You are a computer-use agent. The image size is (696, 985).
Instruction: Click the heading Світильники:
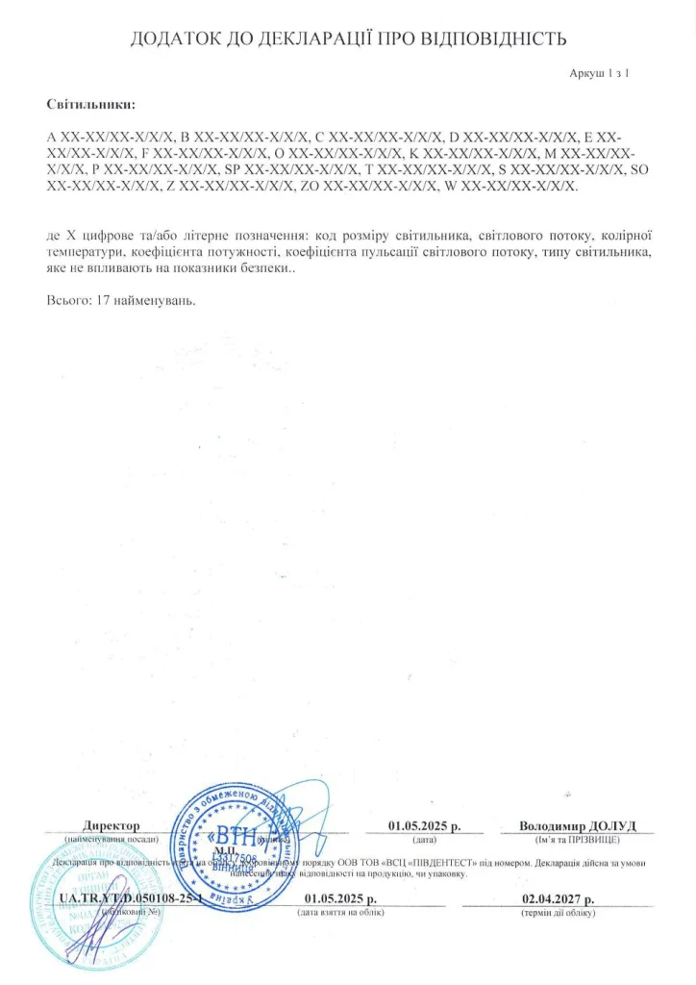tap(91, 103)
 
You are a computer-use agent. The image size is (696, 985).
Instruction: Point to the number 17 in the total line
tap(106, 301)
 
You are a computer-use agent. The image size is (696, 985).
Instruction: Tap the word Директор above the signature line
tap(112, 826)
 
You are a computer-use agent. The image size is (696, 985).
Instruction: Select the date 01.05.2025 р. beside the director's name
tap(424, 826)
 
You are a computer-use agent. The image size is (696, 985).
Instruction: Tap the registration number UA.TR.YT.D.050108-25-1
tap(131, 899)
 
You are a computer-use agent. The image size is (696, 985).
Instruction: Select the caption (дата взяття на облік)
tap(341, 912)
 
